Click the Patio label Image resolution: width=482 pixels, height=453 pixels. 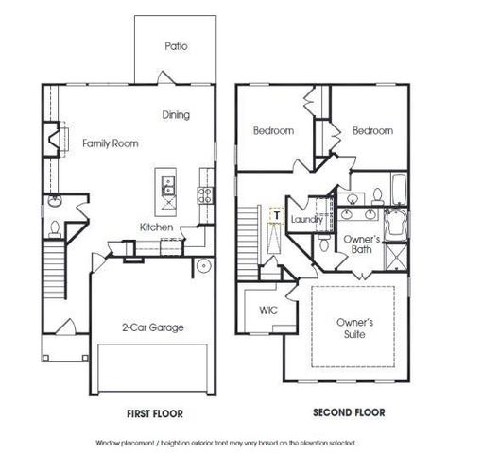coord(177,45)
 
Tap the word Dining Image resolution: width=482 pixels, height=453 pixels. coord(176,115)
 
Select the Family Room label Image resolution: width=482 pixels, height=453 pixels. coord(110,143)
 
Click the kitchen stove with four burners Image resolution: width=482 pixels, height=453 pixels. coord(203,194)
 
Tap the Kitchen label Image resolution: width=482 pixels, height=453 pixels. coord(156,227)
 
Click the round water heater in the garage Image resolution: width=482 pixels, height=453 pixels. coord(203,264)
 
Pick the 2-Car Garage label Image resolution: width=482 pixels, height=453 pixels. coord(152,327)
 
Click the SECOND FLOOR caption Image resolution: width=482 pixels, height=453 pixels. coord(349,412)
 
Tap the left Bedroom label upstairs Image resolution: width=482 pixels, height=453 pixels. coord(272,130)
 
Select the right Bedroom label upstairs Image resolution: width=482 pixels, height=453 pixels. coord(372,130)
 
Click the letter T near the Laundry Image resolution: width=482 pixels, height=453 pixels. coord(276,215)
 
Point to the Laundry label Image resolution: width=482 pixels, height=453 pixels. coord(308,219)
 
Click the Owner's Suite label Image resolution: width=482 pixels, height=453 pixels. coord(354,327)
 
